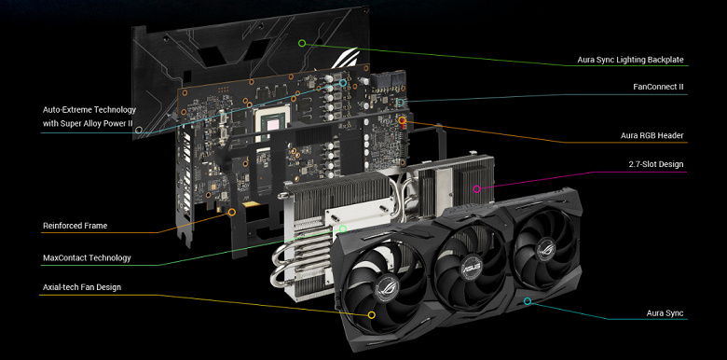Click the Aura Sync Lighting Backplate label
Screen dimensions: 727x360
pyautogui.click(x=630, y=60)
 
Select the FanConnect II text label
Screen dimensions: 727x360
pyautogui.click(x=658, y=87)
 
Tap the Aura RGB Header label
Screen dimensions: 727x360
pyautogui.click(x=652, y=136)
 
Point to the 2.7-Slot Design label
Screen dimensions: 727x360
pyautogui.click(x=656, y=164)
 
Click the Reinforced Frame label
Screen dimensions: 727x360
pyautogui.click(x=75, y=226)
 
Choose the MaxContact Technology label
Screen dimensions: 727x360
pyautogui.click(x=87, y=258)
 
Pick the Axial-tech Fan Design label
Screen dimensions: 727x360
pyautogui.click(x=82, y=287)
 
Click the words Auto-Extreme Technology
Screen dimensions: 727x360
pyautogui.click(x=89, y=110)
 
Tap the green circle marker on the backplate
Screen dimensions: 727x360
pyautogui.click(x=302, y=43)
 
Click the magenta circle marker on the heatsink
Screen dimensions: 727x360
pyautogui.click(x=476, y=188)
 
